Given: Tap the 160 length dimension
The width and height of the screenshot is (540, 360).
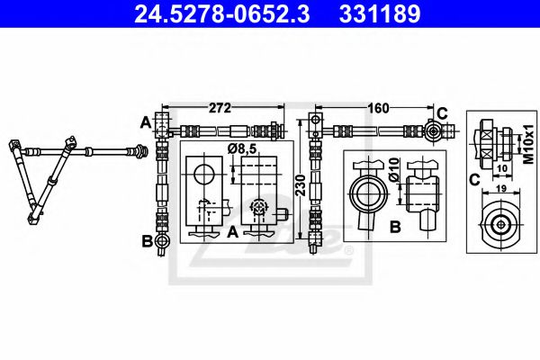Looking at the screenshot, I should click(378, 108).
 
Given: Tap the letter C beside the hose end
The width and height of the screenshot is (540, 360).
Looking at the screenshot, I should click(442, 112).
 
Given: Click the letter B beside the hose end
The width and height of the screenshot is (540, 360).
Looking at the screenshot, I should click(146, 240).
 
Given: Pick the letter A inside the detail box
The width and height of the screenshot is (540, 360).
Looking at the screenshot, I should click(231, 231).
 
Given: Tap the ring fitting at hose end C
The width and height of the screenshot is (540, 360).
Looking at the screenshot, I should click(433, 130).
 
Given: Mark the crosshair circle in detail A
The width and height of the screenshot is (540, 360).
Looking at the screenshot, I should click(259, 208).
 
